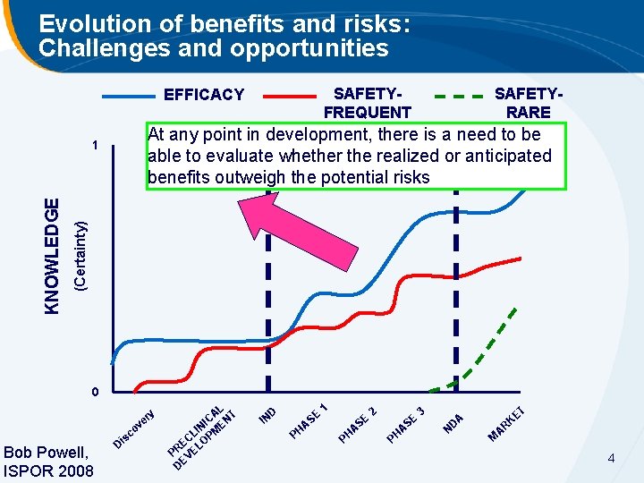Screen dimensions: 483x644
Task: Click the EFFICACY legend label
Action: pyautogui.click(x=203, y=95)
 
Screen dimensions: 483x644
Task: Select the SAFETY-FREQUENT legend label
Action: pyautogui.click(x=367, y=103)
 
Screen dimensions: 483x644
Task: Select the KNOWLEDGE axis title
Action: pyautogui.click(x=55, y=256)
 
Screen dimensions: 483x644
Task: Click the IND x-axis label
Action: pyautogui.click(x=267, y=415)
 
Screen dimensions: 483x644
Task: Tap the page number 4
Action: pyautogui.click(x=611, y=459)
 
